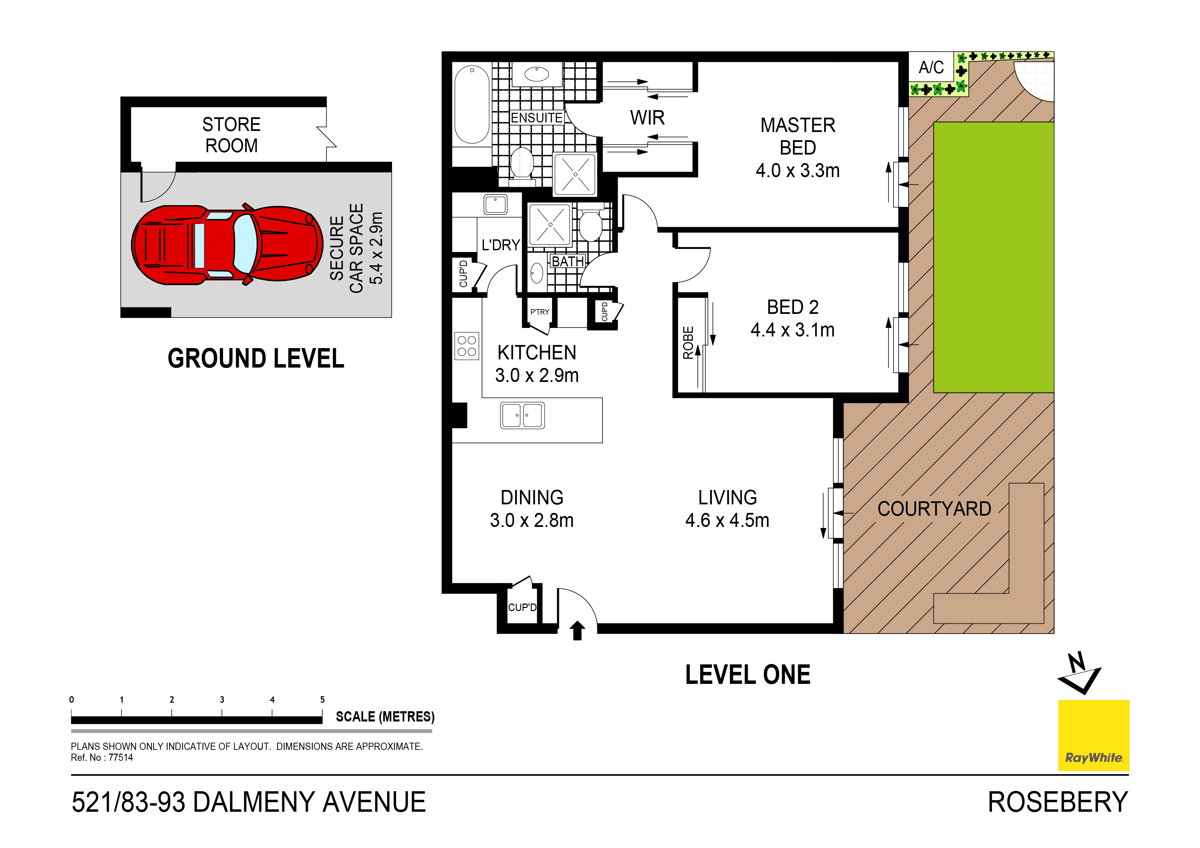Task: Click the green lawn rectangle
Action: pos(993,257)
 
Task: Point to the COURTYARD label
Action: pos(934,509)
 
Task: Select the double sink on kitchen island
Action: pos(522,415)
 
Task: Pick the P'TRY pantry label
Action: pos(539,312)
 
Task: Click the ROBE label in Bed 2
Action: pos(688,343)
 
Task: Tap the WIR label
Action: pos(647,118)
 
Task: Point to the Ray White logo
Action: pos(1093,735)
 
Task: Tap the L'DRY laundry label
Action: pos(500,245)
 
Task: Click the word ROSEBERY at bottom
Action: pos(1057,802)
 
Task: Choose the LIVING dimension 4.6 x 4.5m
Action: pos(727,520)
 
